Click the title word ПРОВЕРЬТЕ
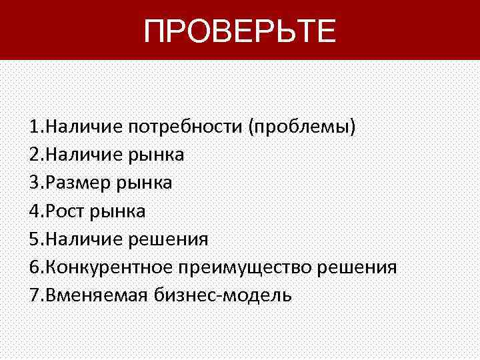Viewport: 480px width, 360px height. point(240,31)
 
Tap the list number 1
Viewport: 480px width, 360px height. point(33,127)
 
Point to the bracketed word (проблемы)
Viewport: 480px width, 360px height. point(302,127)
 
